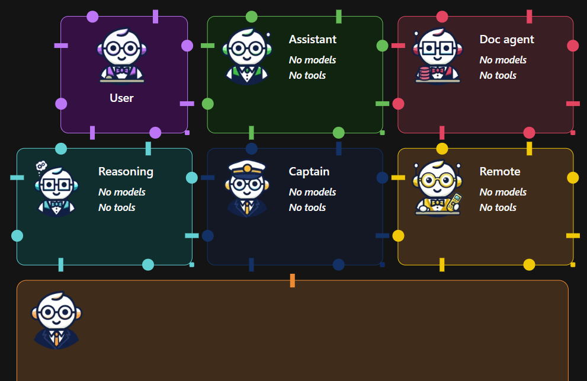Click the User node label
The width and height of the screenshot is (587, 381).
(x=121, y=98)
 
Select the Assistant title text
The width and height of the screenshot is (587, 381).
(x=312, y=40)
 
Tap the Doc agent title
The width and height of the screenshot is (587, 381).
(x=506, y=40)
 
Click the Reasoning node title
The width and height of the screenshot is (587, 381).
(x=126, y=172)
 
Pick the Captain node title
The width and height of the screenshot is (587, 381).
(x=309, y=172)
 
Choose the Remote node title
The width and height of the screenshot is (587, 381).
(x=499, y=172)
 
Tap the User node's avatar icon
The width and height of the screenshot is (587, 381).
(x=121, y=55)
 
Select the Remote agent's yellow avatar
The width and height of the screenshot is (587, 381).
(x=438, y=188)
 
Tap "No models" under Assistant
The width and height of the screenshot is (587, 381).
(x=312, y=60)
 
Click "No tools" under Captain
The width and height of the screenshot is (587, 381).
(x=307, y=207)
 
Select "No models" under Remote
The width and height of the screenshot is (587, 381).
(x=503, y=192)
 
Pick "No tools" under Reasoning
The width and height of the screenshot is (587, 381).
(x=117, y=207)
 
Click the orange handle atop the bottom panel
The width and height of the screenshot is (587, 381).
(x=293, y=280)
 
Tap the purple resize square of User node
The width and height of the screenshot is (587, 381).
(x=187, y=132)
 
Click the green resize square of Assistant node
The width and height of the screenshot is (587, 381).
(x=382, y=132)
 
